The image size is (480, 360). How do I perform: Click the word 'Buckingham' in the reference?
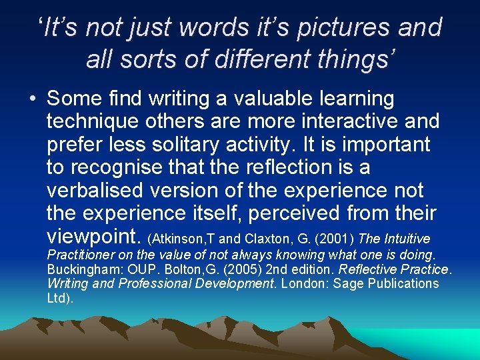pyautogui.click(x=77, y=269)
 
